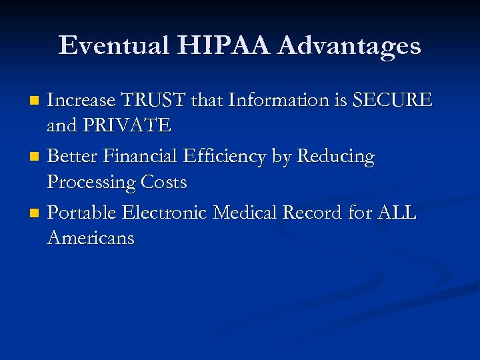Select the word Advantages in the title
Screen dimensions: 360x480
click(349, 46)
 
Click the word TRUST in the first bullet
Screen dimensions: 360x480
click(153, 101)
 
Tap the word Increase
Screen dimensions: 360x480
click(81, 101)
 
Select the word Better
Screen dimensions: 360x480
click(71, 157)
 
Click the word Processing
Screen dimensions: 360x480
click(92, 182)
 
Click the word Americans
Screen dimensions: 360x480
click(91, 237)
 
